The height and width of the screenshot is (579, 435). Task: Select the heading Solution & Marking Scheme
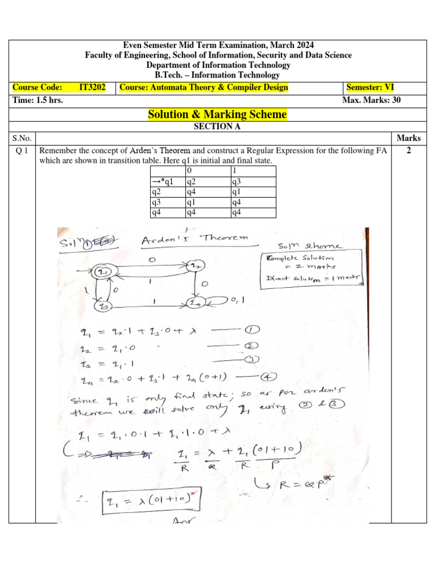tap(217, 115)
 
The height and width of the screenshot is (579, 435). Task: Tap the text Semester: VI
tap(370, 87)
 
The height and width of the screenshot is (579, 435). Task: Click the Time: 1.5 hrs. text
tap(38, 101)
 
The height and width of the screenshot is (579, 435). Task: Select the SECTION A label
tap(217, 127)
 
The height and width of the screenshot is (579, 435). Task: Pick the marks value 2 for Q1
tap(408, 151)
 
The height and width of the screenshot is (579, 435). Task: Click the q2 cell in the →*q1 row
tap(193, 182)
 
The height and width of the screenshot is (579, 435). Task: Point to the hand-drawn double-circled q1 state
tap(104, 273)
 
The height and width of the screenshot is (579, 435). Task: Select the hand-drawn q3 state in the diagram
tap(103, 306)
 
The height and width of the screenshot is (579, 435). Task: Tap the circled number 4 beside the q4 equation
tap(266, 377)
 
